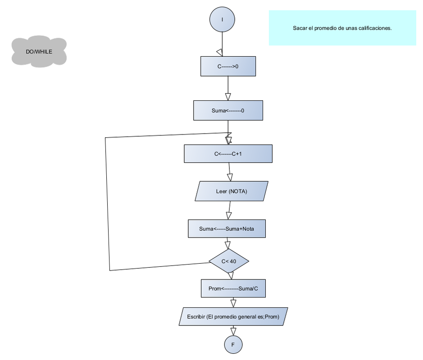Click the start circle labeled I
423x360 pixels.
(222, 20)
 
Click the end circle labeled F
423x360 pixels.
(233, 345)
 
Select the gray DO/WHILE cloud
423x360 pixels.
(39, 52)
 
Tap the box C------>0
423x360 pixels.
(228, 66)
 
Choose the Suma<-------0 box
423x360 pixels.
(228, 110)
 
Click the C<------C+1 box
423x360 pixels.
(228, 153)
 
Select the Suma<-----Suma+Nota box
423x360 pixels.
(227, 229)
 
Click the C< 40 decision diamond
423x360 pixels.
(229, 261)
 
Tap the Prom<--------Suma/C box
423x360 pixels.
(233, 288)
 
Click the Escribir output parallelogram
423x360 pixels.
(233, 317)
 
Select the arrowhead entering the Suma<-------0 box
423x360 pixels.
(228, 96)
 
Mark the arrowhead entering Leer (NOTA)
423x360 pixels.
(230, 177)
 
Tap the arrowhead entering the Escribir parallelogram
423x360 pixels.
(233, 303)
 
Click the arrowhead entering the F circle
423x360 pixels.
(233, 331)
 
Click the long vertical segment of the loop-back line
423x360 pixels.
(107, 202)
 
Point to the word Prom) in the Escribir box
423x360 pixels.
(272, 317)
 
